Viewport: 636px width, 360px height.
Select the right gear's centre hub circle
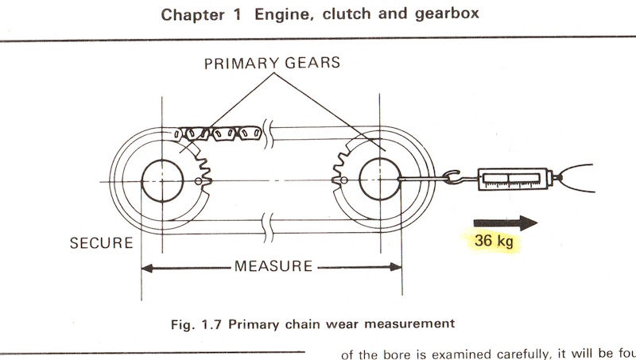(x=379, y=180)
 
